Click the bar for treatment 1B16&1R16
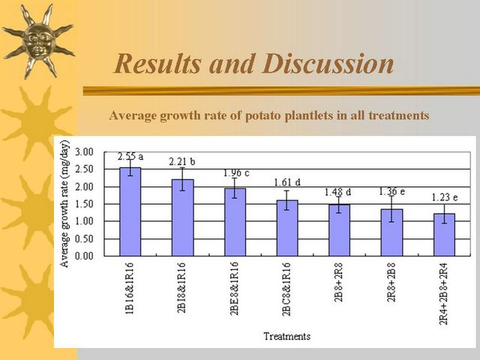point(130,211)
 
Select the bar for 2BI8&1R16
point(183,217)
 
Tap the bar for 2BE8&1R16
point(235,222)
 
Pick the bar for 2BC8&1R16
point(287,228)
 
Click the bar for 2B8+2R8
point(340,230)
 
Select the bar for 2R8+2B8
point(391,232)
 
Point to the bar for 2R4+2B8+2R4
point(444,235)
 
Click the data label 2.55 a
point(130,157)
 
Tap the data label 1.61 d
point(287,183)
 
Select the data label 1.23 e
point(445,197)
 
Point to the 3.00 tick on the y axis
point(84,151)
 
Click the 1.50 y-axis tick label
point(84,204)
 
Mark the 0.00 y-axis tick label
point(84,256)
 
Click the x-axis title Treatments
point(286,337)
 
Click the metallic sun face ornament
point(38,41)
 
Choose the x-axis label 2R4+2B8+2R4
point(444,293)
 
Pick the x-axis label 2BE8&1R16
point(235,288)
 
